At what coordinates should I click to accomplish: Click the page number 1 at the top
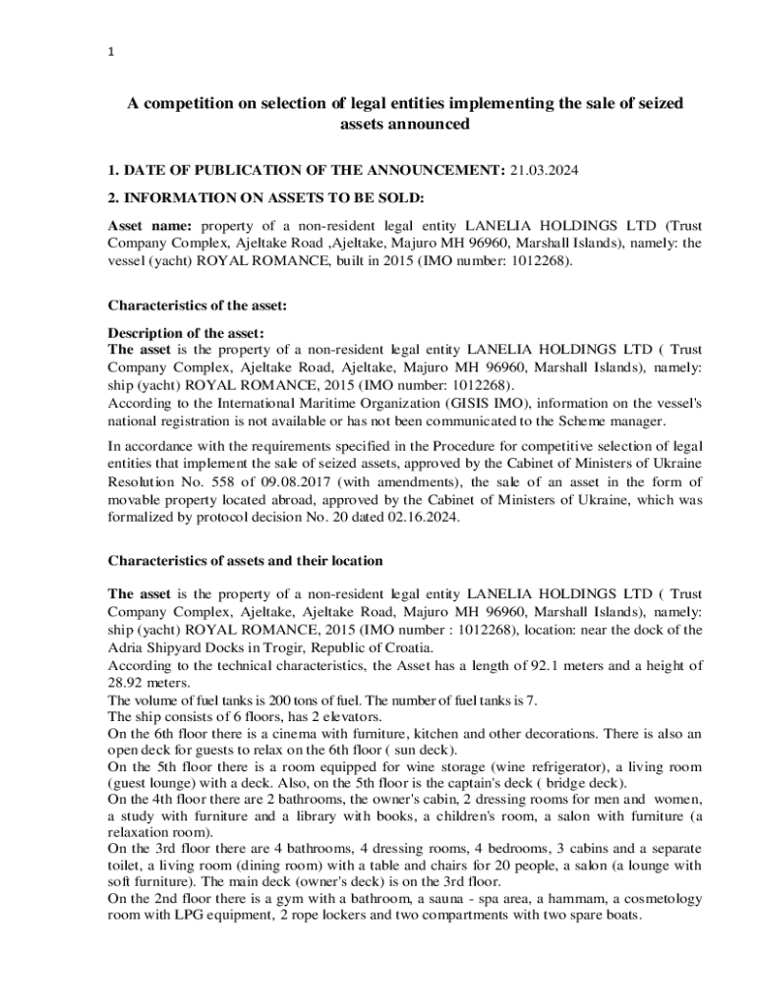(111, 54)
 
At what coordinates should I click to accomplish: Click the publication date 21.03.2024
(544, 170)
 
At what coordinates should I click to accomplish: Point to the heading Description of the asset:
(185, 332)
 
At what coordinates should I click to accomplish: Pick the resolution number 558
(226, 481)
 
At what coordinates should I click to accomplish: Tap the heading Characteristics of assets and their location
(245, 560)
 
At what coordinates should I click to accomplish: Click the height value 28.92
(126, 683)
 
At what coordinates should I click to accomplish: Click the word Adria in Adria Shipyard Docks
(125, 647)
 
